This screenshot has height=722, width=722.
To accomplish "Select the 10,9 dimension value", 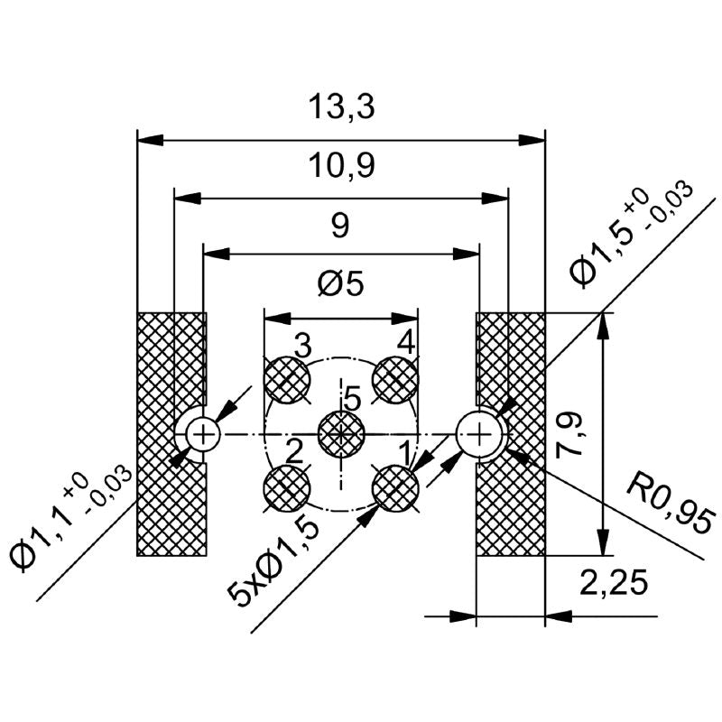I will point(340,165).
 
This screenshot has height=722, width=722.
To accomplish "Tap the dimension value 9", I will point(340,225).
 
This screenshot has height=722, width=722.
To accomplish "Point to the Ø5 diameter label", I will point(340,284).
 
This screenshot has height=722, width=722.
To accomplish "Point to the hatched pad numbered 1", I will point(395,488).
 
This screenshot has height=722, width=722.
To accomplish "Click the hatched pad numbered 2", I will point(287,488).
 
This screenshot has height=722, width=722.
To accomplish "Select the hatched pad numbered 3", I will point(287,380).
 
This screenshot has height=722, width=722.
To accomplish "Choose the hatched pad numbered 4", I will point(395,380).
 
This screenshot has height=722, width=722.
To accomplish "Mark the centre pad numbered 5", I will point(341,434).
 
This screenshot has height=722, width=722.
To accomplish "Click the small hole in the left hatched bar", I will point(205,434).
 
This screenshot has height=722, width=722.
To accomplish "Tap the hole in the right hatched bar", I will point(478,434).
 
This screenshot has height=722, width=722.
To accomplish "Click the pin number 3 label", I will point(302,344).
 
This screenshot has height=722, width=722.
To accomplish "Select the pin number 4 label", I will point(406,343).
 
